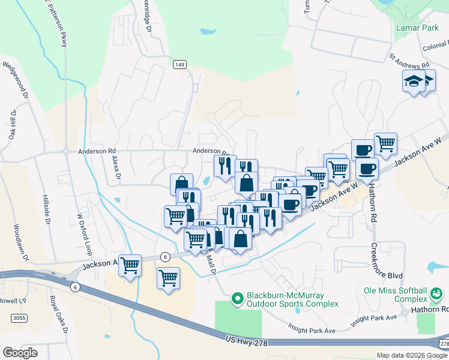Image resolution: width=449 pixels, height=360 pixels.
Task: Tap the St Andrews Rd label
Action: (x=409, y=61)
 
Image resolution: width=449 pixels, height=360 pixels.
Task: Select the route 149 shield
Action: (x=179, y=64)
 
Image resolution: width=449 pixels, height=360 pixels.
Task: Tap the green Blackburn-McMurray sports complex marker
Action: (x=238, y=298)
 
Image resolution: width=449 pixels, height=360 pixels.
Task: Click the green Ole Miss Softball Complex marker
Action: (x=436, y=295)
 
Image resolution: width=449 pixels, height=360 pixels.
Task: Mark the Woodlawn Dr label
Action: (x=21, y=242)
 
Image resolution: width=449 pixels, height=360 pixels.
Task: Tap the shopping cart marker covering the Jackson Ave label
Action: (x=130, y=265)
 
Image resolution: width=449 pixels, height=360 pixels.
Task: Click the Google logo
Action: (x=20, y=353)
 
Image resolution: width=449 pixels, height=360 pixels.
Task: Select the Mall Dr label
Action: (x=211, y=263)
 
